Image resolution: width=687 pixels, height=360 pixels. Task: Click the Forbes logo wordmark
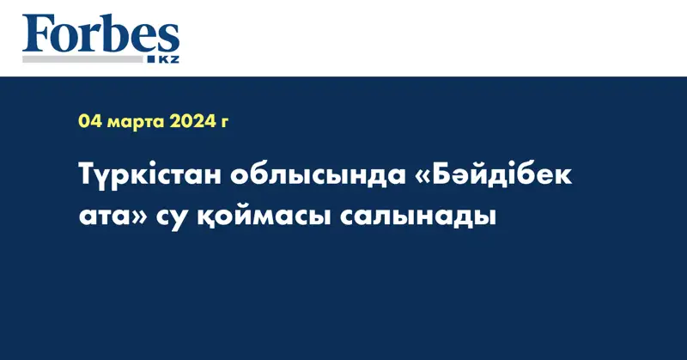point(100,35)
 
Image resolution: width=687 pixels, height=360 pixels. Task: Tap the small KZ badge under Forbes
point(166,60)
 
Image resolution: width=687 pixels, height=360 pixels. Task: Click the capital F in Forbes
point(39,34)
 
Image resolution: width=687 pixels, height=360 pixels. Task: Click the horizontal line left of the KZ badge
point(86,60)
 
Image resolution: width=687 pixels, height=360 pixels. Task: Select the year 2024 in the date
point(193,122)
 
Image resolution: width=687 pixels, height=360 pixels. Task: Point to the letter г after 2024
point(225,124)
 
